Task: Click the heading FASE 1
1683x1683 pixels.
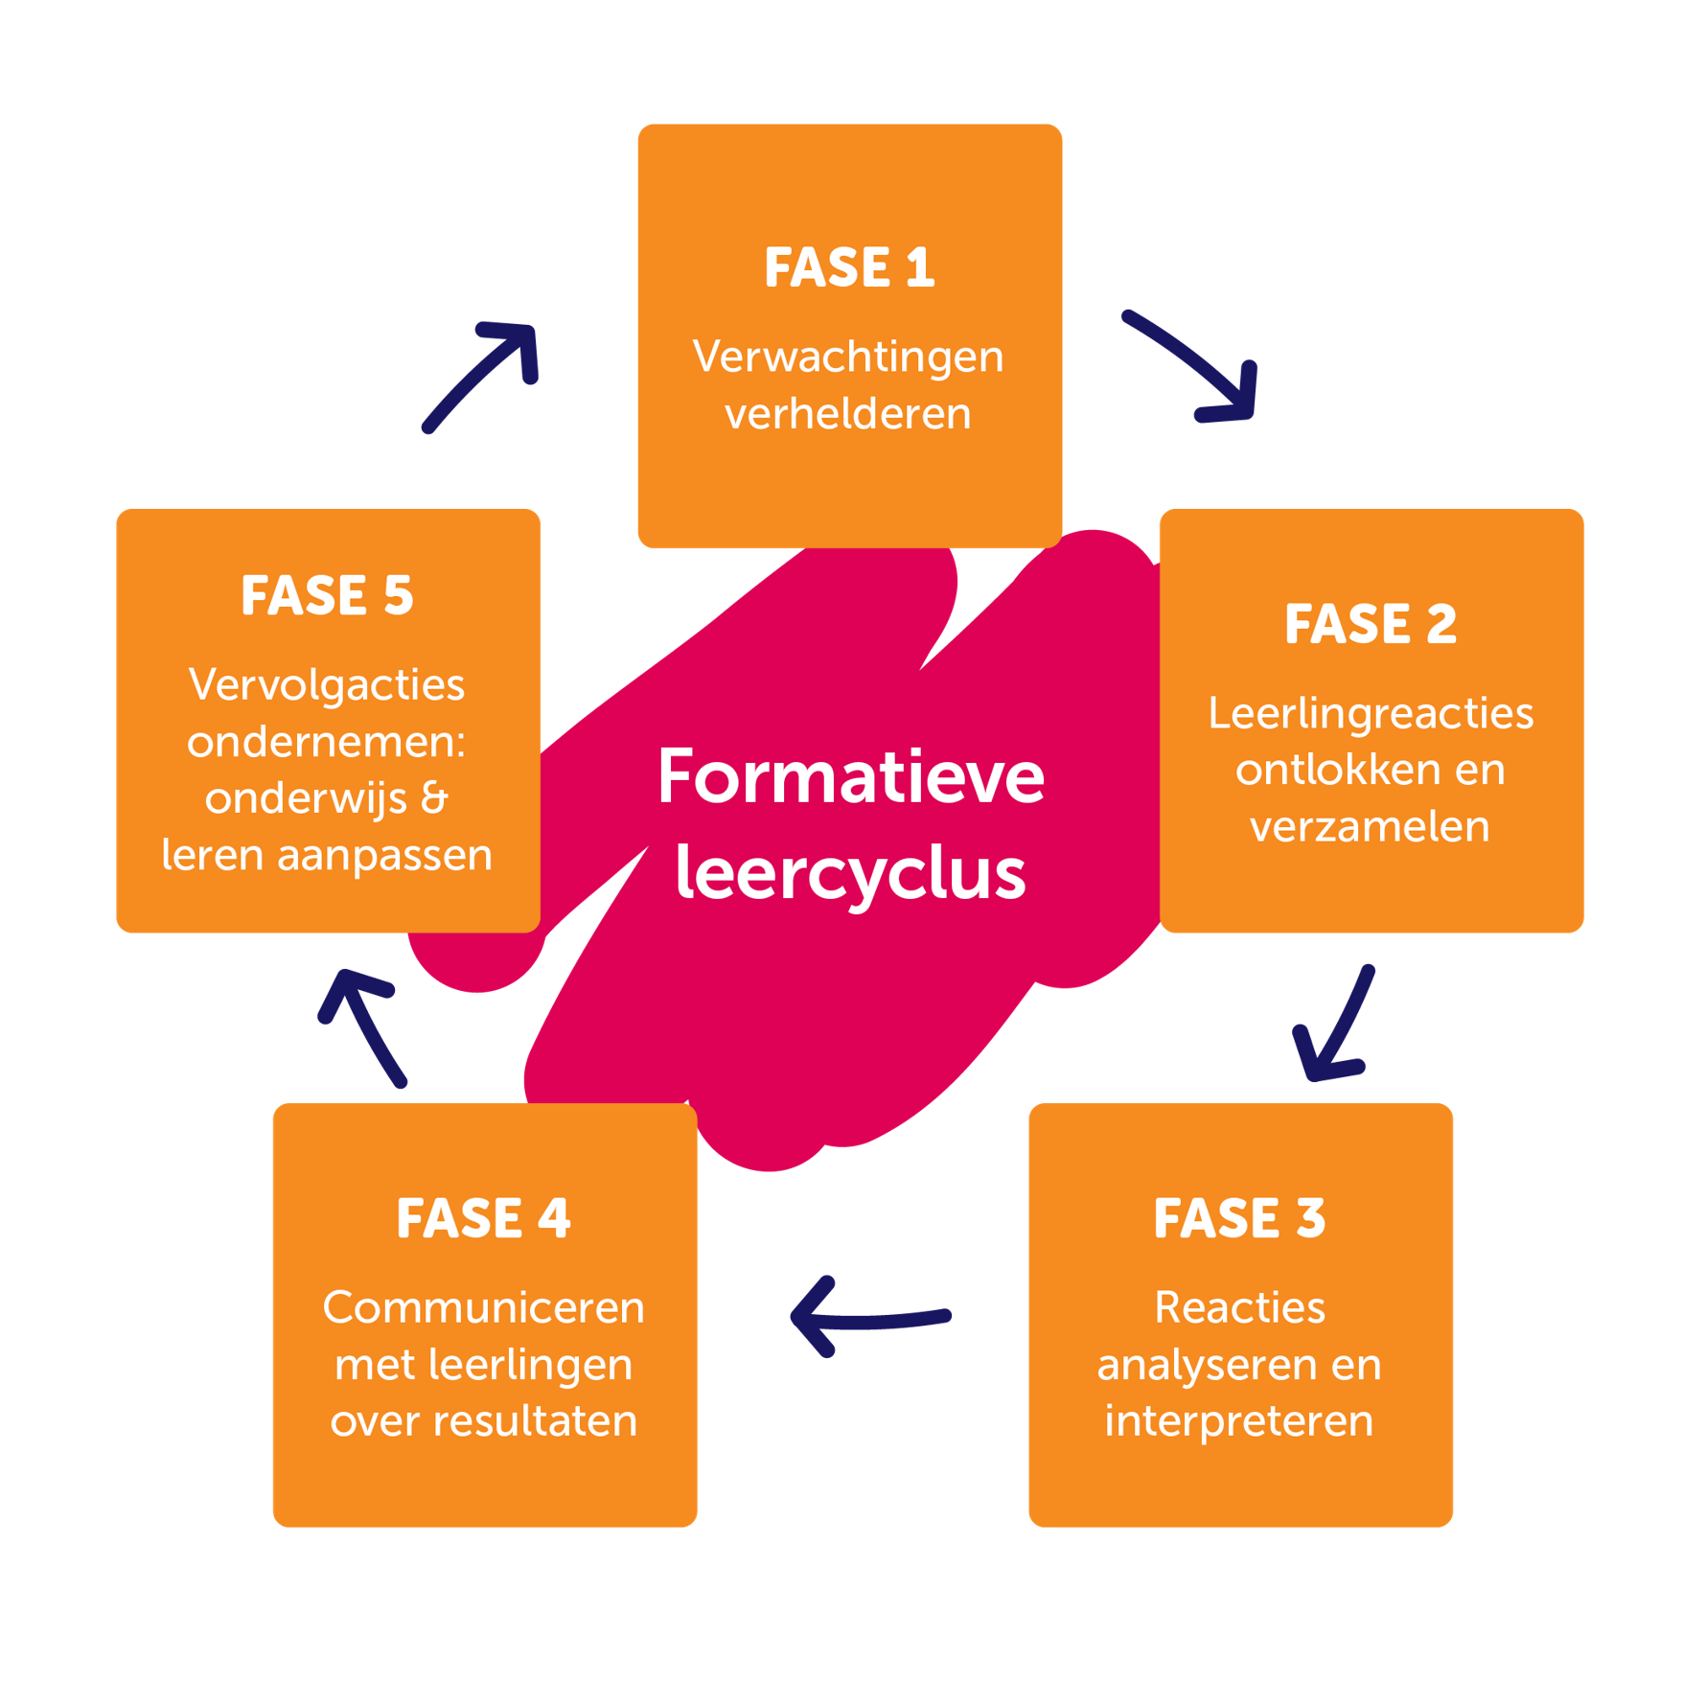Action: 849,267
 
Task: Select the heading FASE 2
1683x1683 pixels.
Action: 1371,625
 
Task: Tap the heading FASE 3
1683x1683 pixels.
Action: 1239,1219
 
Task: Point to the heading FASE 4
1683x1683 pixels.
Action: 484,1219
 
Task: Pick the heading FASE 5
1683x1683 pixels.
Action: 327,596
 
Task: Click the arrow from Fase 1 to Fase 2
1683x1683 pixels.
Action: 1198,364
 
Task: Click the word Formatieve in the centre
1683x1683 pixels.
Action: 850,777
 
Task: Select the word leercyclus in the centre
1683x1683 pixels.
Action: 850,874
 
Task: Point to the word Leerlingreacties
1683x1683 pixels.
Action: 1371,714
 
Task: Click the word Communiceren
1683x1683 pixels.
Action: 484,1308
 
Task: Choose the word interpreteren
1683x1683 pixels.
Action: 1239,1421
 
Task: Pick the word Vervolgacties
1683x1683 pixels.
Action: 327,685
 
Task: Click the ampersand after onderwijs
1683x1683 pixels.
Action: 434,798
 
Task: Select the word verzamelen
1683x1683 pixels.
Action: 1371,827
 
